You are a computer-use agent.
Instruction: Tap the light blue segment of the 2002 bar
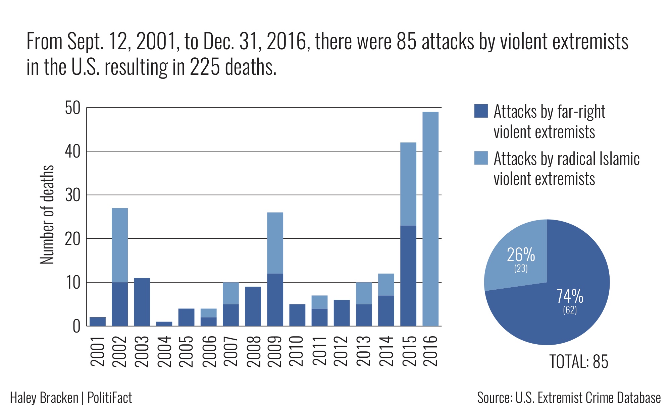[119, 245]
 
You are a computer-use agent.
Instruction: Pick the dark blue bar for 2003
[142, 302]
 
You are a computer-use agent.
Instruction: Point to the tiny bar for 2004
[164, 324]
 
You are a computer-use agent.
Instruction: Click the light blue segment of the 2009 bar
[275, 243]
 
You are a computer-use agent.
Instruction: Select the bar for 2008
[253, 306]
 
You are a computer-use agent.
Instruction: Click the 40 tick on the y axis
[72, 152]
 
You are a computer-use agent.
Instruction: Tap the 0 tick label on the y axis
[76, 326]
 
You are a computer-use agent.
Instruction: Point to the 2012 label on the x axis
[342, 351]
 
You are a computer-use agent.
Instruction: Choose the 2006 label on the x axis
[208, 351]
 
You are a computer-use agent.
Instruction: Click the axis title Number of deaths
[47, 215]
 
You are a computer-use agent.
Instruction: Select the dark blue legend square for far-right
[481, 111]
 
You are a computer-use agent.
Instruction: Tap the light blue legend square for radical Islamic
[481, 158]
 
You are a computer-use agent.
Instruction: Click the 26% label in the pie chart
[521, 255]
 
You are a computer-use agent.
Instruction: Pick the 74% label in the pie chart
[570, 296]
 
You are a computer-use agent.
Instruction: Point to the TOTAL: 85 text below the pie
[578, 362]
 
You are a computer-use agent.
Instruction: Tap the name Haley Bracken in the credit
[44, 398]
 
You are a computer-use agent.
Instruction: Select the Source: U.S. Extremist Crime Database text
[569, 398]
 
